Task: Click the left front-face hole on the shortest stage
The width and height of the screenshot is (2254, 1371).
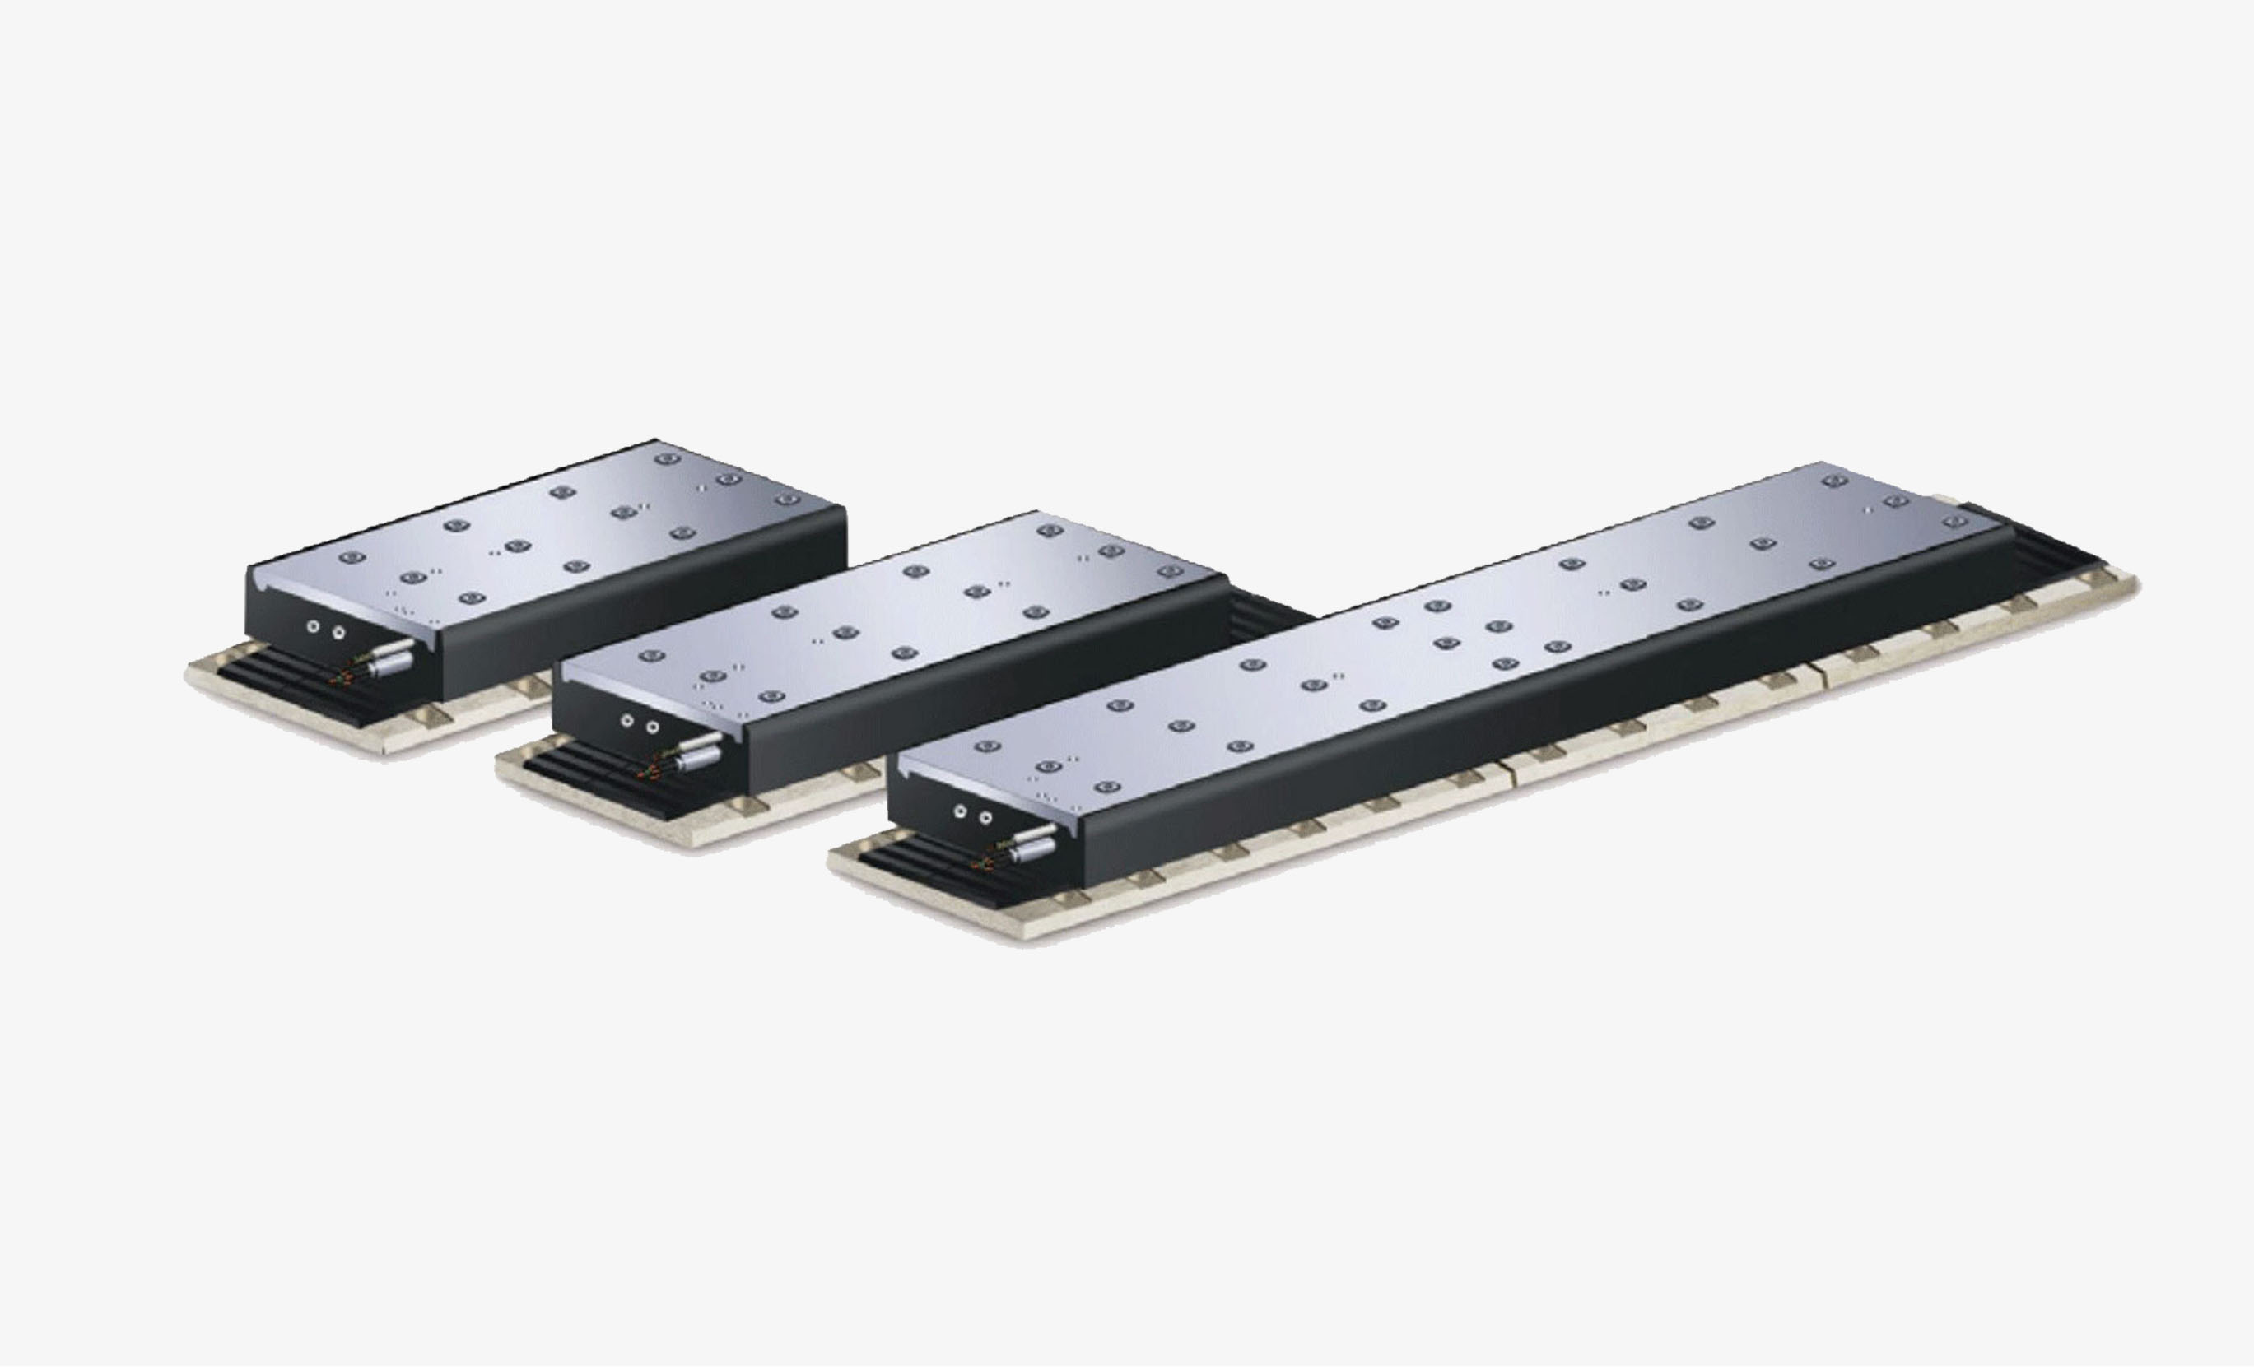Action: (314, 626)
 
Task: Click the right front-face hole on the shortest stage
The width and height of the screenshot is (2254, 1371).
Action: (338, 631)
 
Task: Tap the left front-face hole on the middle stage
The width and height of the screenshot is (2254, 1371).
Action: (626, 722)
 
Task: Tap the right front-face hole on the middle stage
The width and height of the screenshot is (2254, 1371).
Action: (652, 727)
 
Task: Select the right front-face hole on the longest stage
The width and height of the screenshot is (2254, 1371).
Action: (985, 816)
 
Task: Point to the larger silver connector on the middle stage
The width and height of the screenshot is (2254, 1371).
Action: (702, 755)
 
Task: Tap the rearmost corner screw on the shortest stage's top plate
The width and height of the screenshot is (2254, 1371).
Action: (667, 458)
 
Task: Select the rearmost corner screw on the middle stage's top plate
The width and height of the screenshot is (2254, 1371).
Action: (1048, 531)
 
